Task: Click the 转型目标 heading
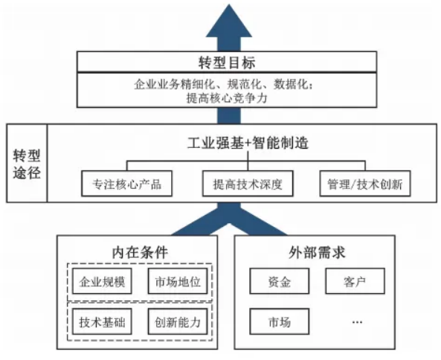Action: tap(227, 62)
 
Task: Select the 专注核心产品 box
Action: tap(126, 184)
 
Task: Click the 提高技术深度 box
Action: tap(248, 184)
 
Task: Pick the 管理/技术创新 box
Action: tap(365, 184)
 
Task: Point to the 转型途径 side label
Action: tap(27, 164)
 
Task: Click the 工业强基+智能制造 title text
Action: tap(248, 143)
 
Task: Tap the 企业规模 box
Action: tap(102, 281)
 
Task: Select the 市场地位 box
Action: tap(178, 281)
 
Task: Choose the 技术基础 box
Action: tap(102, 321)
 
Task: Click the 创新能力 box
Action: tap(178, 321)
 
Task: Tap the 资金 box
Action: tap(280, 281)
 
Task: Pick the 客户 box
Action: tap(355, 281)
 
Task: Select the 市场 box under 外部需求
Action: tap(280, 321)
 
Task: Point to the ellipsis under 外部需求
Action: tap(357, 322)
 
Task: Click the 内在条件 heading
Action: tap(140, 251)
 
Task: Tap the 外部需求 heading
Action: tap(317, 251)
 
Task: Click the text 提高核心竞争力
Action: tap(227, 98)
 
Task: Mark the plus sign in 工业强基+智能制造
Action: tap(248, 143)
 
